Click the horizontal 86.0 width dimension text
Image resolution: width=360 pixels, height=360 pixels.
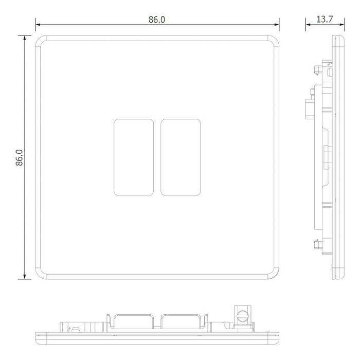(x=157, y=20)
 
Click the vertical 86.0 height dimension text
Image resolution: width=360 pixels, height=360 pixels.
(x=20, y=157)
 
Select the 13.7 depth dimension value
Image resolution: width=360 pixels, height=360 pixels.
(x=325, y=20)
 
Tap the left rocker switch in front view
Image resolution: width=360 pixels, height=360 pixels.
(x=134, y=157)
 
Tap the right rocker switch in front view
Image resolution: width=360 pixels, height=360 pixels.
(x=181, y=157)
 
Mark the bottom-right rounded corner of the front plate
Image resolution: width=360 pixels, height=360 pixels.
(x=276, y=276)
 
